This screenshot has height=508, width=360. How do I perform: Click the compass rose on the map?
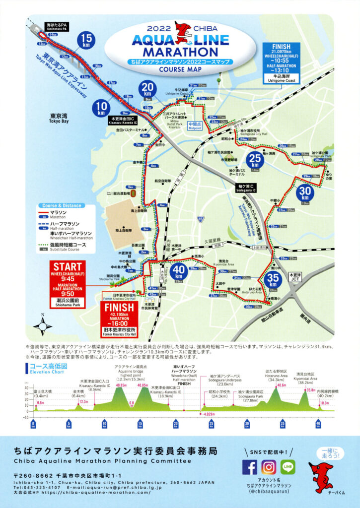(43, 326)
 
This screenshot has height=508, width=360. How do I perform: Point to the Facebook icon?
(250, 467)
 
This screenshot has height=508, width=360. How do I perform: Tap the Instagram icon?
(269, 467)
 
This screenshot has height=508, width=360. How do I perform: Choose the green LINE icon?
(288, 467)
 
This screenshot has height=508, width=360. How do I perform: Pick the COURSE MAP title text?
(179, 69)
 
